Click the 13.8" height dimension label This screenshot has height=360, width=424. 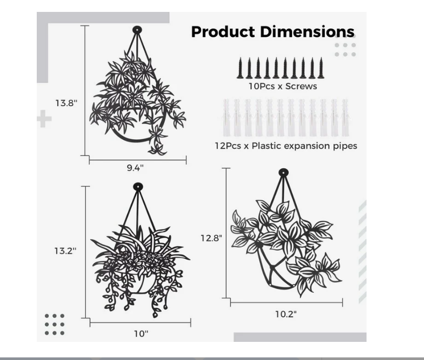66,103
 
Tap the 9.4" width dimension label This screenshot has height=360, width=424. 135,168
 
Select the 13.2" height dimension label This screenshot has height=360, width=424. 65,251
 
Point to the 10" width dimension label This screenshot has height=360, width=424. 141,334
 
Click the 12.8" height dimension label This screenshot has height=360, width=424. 211,238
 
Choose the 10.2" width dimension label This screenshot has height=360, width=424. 286,314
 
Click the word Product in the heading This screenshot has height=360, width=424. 223,32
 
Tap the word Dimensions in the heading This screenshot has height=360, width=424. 307,32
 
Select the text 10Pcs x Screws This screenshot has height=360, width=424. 283,87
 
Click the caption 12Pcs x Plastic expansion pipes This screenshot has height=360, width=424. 286,146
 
